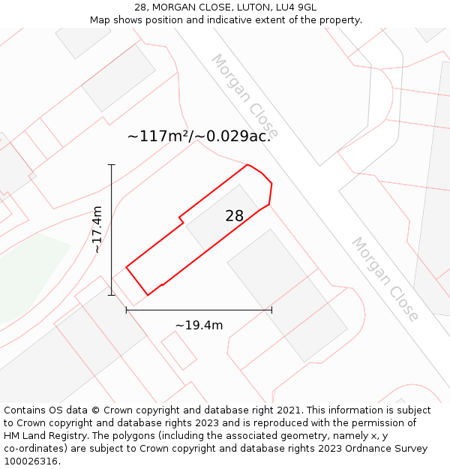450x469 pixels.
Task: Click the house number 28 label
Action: click(x=235, y=216)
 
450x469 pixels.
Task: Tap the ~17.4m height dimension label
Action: click(x=97, y=230)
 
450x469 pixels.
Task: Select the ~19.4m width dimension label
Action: click(x=199, y=325)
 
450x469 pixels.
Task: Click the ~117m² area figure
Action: click(x=157, y=136)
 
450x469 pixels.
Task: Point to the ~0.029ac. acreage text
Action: click(x=233, y=136)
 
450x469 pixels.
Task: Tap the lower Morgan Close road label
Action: click(x=385, y=278)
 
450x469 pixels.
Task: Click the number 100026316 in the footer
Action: click(x=30, y=461)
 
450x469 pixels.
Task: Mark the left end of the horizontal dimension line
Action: click(x=126, y=309)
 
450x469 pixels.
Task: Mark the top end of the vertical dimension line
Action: click(x=112, y=164)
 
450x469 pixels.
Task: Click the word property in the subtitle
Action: click(x=337, y=20)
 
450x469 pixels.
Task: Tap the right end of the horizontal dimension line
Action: click(x=271, y=309)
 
